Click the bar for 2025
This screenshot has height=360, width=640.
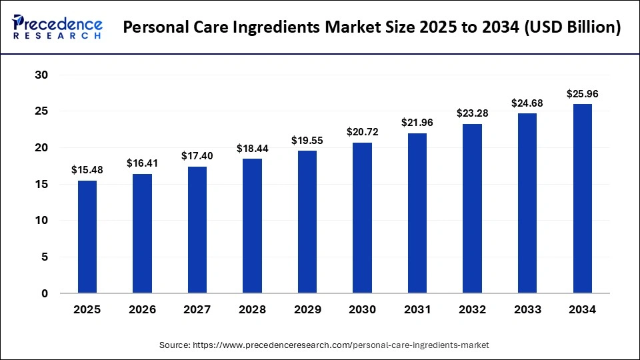(x=87, y=237)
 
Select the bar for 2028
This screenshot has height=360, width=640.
(x=252, y=225)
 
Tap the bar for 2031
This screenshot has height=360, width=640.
(x=417, y=213)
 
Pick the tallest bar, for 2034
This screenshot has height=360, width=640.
(x=582, y=198)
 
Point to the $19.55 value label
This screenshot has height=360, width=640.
(x=307, y=141)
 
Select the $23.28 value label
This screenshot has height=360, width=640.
(x=472, y=113)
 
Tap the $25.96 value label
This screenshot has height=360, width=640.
(x=582, y=94)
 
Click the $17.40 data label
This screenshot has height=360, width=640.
(x=197, y=155)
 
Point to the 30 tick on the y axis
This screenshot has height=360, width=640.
(x=41, y=75)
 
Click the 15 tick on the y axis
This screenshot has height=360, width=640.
(x=41, y=184)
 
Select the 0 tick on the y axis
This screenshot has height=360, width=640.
(x=45, y=293)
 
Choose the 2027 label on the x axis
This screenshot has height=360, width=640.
(x=197, y=309)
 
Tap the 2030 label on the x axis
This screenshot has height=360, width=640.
(x=362, y=309)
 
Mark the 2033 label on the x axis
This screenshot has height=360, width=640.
(x=527, y=309)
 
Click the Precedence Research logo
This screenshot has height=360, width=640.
(x=57, y=27)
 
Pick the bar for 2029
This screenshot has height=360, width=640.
(x=307, y=221)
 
